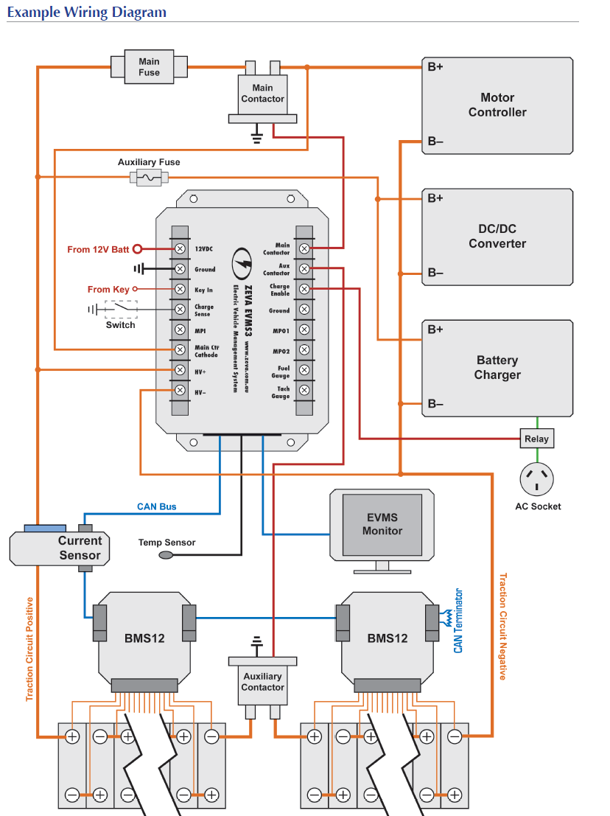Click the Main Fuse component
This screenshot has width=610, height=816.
[149, 67]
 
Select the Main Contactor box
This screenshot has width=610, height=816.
[262, 94]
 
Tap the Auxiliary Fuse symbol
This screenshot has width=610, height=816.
[149, 177]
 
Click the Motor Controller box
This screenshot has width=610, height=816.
[497, 105]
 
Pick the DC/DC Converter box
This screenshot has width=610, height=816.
[497, 237]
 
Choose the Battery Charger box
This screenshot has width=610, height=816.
[497, 368]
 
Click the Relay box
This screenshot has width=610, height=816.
[536, 439]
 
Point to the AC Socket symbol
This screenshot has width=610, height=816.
[537, 478]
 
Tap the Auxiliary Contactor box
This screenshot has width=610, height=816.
[262, 681]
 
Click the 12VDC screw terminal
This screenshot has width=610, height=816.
[179, 249]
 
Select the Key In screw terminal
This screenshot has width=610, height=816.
[179, 290]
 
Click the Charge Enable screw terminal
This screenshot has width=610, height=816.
[304, 290]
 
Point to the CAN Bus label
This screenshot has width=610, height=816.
[156, 507]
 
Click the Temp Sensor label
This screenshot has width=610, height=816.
[167, 543]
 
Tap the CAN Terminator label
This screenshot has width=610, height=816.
[458, 621]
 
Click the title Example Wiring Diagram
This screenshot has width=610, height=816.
[87, 13]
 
